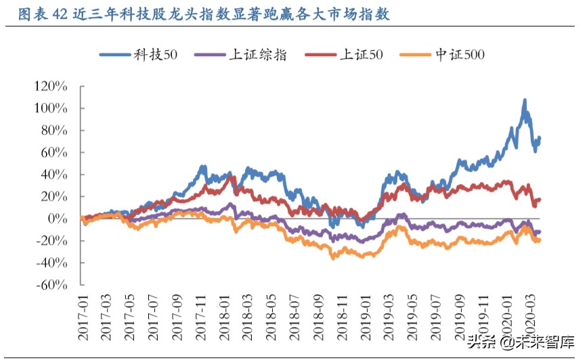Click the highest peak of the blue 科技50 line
[524, 100]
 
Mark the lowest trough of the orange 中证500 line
[333, 258]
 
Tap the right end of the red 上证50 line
[540, 199]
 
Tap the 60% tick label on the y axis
[54, 153]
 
